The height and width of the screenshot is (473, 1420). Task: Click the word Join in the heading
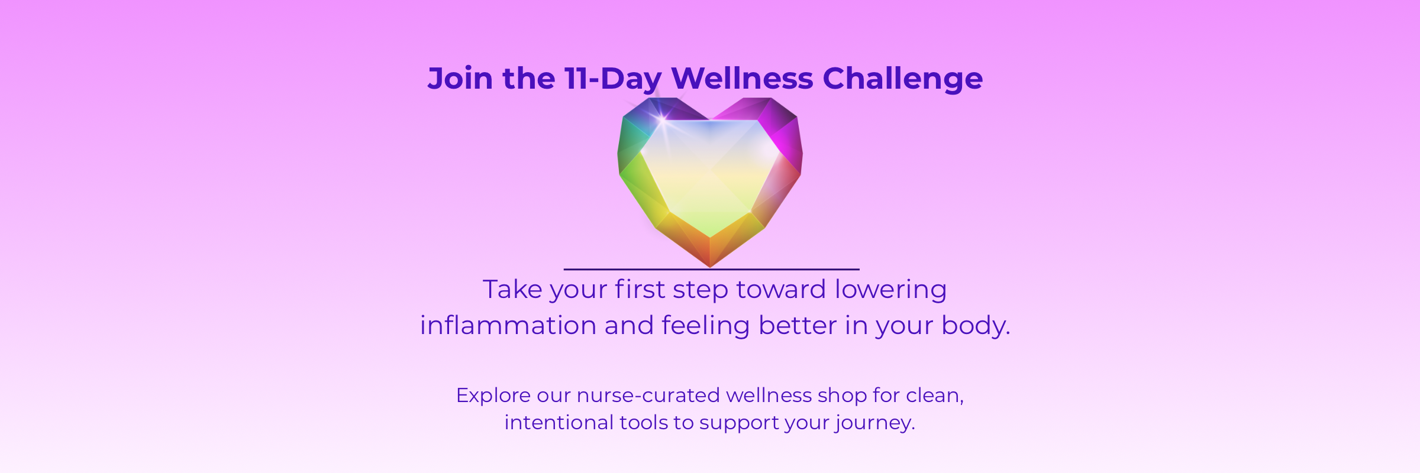pyautogui.click(x=460, y=79)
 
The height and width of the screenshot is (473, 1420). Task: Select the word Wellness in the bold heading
pyautogui.click(x=742, y=78)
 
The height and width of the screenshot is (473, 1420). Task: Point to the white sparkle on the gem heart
pyautogui.click(x=663, y=118)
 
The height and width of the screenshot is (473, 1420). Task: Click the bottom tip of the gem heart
pyautogui.click(x=710, y=267)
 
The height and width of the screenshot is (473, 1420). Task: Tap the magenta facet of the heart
pyautogui.click(x=784, y=139)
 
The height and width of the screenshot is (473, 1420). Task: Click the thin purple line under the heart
pyautogui.click(x=711, y=270)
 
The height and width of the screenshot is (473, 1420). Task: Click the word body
pyautogui.click(x=976, y=326)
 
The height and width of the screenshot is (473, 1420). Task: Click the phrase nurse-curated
pyautogui.click(x=648, y=396)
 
